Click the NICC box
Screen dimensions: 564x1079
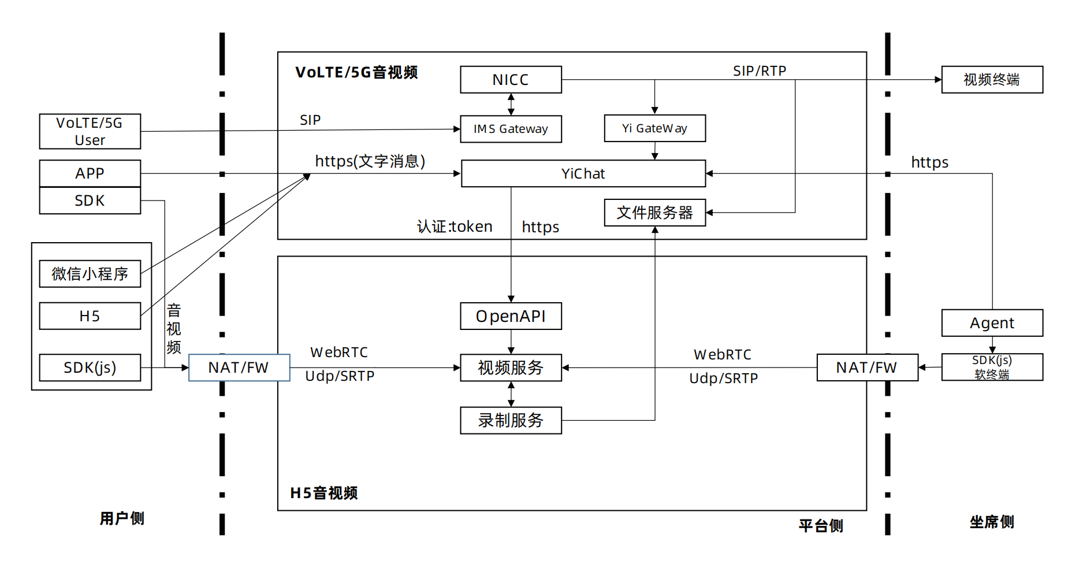511,80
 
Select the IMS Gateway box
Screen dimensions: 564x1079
511,129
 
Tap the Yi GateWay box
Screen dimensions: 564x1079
654,128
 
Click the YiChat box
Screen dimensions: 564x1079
583,173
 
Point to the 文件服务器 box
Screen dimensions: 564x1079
654,213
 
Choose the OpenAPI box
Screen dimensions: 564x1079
511,316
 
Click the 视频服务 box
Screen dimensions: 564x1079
511,368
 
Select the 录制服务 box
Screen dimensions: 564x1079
511,420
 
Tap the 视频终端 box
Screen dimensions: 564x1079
992,80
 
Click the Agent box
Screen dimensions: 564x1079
992,323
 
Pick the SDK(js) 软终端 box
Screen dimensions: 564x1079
992,368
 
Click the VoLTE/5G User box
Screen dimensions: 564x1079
90,132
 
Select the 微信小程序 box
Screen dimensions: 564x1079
90,274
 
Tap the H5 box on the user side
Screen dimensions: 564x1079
90,316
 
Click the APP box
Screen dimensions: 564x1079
90,173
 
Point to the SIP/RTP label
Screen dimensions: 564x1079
760,71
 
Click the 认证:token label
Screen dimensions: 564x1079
455,227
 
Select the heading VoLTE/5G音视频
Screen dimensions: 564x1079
356,72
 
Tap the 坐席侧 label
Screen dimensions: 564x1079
992,522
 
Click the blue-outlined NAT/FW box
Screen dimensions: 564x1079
239,368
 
